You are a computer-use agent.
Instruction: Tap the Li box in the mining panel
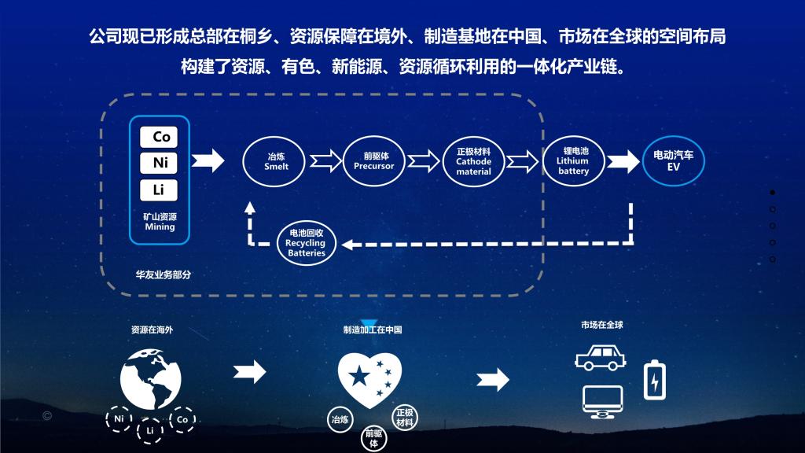pos(159,190)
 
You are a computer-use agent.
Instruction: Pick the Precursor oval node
pos(374,161)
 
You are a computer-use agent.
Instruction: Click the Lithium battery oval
pos(573,160)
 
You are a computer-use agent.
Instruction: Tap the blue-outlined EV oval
pos(673,161)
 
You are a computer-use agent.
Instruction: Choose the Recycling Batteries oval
pos(306,243)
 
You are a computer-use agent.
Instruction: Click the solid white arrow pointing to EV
pos(623,161)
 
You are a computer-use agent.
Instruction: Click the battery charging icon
pos(654,381)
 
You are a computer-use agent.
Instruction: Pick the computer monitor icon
pos(602,401)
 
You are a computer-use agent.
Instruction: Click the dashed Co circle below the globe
pos(182,419)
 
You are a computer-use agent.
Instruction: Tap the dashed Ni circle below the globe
pos(119,419)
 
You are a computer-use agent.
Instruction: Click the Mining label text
pos(160,226)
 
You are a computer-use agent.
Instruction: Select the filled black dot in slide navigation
pos(772,192)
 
